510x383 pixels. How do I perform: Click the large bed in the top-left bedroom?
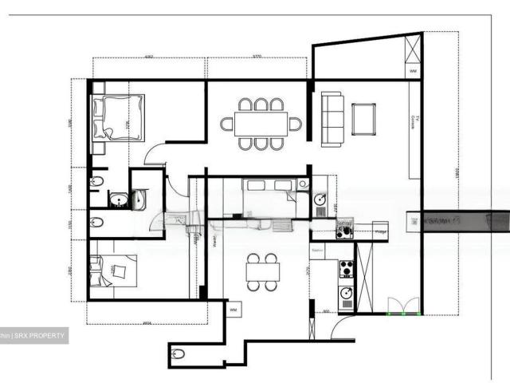tap(118, 117)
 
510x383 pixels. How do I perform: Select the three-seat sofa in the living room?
tap(331, 118)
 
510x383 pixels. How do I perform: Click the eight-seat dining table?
tap(261, 124)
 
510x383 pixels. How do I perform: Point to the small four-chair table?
tap(262, 271)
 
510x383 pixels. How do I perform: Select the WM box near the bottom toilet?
tap(234, 309)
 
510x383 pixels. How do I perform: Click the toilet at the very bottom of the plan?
tap(178, 353)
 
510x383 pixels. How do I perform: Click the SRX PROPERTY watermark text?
tap(38, 336)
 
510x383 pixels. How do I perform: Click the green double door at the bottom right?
tap(402, 306)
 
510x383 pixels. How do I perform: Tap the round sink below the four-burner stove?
tap(347, 294)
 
